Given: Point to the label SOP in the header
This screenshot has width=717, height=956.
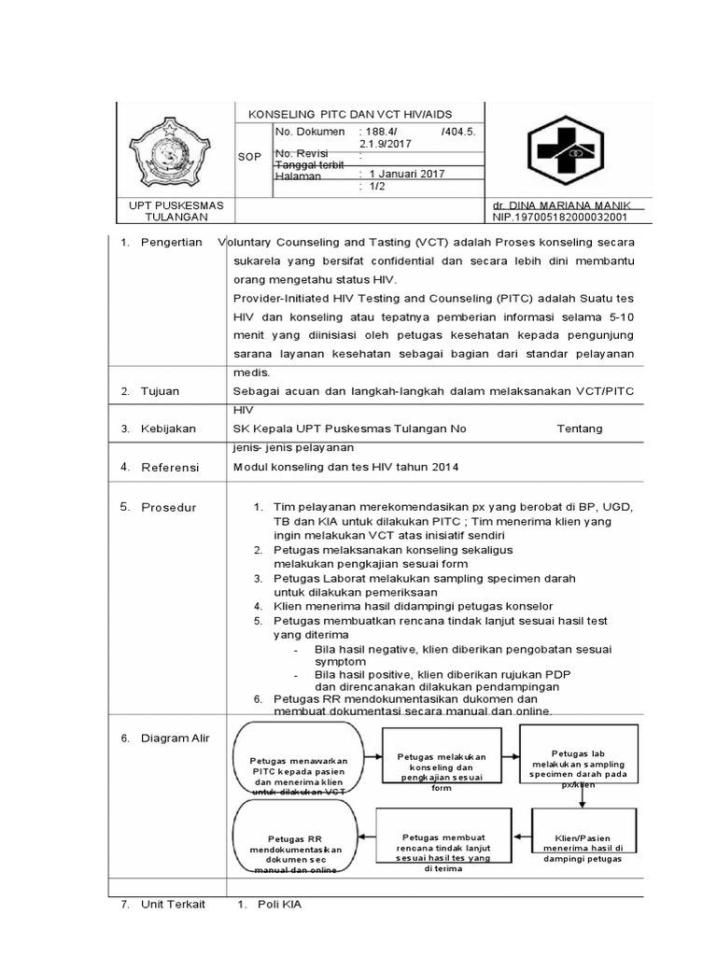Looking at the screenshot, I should pyautogui.click(x=249, y=157).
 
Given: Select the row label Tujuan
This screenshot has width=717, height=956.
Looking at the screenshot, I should pyautogui.click(x=161, y=390).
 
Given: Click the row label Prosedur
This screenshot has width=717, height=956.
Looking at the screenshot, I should pyautogui.click(x=165, y=507).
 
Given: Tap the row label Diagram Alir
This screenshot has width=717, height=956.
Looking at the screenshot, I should pyautogui.click(x=175, y=738).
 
